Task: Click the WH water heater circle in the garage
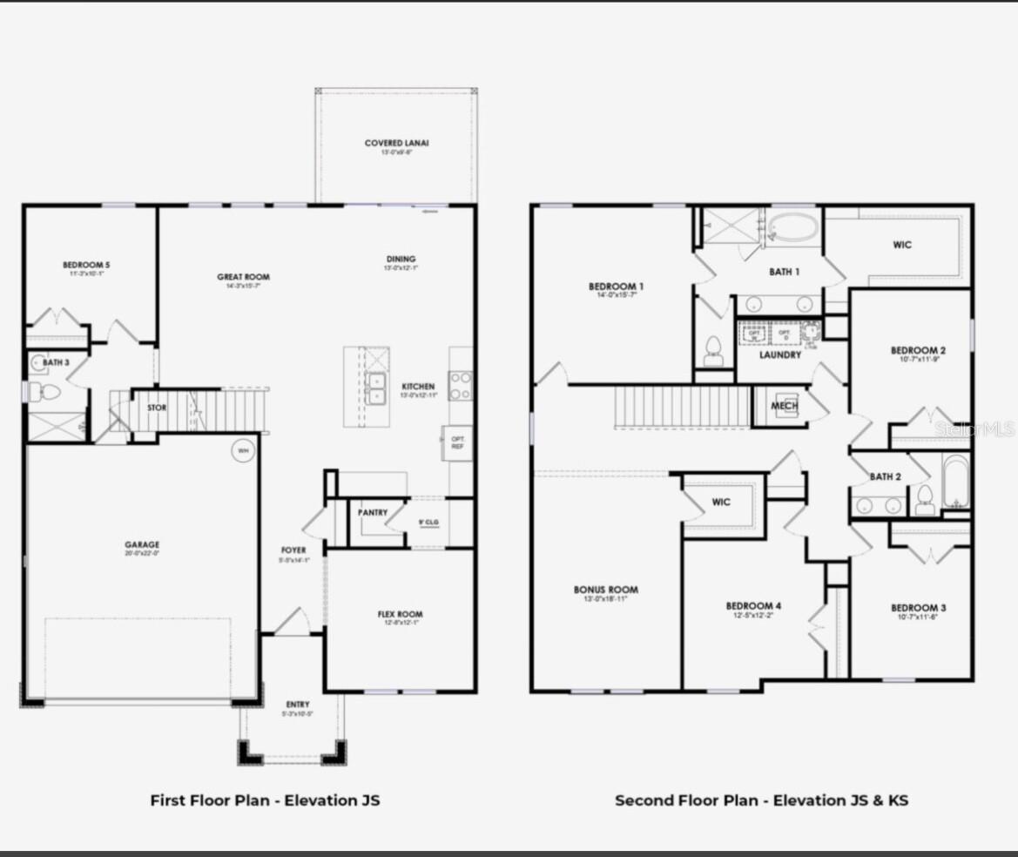pos(241,451)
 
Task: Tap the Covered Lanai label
pos(396,144)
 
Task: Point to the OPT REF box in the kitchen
pos(457,442)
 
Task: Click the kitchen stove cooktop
pos(461,385)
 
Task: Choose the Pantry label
pos(373,513)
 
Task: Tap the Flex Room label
pos(400,615)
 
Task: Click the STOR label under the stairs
pos(157,408)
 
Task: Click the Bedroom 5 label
pos(86,265)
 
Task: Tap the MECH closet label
pos(785,407)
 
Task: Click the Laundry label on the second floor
pos(779,355)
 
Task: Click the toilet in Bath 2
pos(924,499)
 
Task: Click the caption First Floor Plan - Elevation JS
pos(265,800)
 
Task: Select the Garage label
pos(141,545)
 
